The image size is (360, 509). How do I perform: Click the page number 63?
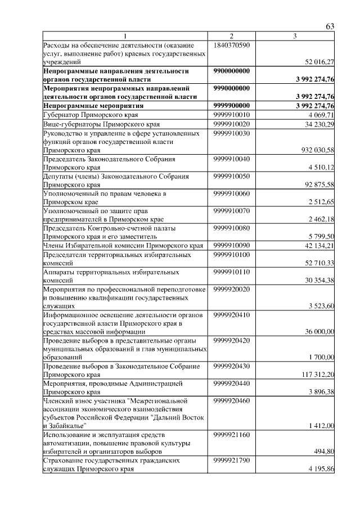coord(330,27)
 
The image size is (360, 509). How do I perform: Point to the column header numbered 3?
coord(295,37)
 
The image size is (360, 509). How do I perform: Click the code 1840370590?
coord(232,44)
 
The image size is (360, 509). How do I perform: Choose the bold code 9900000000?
coord(232,71)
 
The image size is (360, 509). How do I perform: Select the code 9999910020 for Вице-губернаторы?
coord(232,123)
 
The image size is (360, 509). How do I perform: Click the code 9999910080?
coord(232,228)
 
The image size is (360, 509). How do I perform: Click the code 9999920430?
coord(232,366)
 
